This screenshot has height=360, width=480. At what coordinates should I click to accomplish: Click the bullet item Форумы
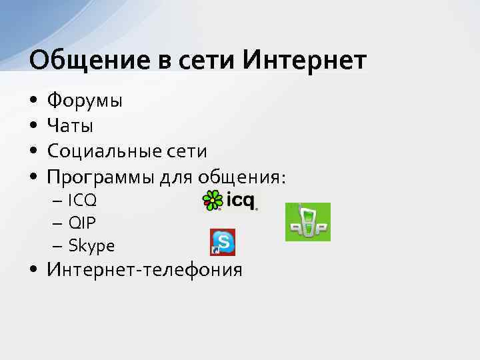pos(84,102)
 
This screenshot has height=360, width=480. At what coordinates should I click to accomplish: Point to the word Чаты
pos(69,126)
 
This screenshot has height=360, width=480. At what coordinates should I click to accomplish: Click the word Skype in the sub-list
pos(91,246)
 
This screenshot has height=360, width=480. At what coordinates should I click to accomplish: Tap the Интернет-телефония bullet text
pos(144,270)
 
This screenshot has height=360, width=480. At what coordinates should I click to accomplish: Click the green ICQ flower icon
pos(213,200)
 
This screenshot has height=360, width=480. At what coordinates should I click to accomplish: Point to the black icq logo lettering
pos(241,200)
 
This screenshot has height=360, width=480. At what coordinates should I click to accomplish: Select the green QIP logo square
pos(307,222)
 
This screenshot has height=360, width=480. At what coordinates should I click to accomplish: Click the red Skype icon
pos(223,242)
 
